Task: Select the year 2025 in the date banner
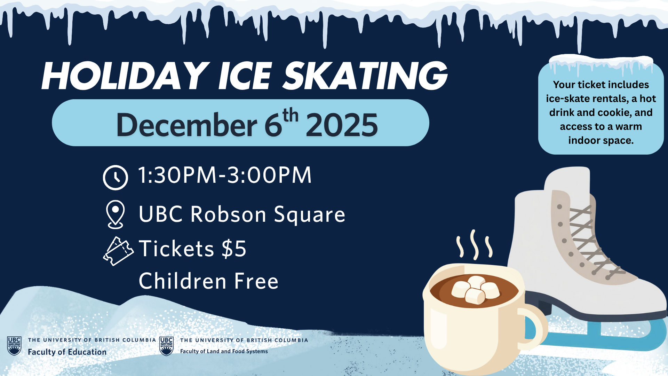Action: pyautogui.click(x=342, y=125)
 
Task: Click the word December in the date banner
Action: pyautogui.click(x=186, y=125)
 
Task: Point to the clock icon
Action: pyautogui.click(x=116, y=178)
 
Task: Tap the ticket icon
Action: pyautogui.click(x=118, y=251)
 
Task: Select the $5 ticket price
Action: pyautogui.click(x=234, y=249)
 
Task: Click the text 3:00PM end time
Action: pyautogui.click(x=269, y=175)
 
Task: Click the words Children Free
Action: pyautogui.click(x=209, y=281)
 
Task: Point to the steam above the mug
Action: pyautogui.click(x=474, y=245)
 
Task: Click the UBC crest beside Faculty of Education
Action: pyautogui.click(x=14, y=346)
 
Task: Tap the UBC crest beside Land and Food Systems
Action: pyautogui.click(x=166, y=346)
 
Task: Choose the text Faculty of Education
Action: pyautogui.click(x=67, y=352)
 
